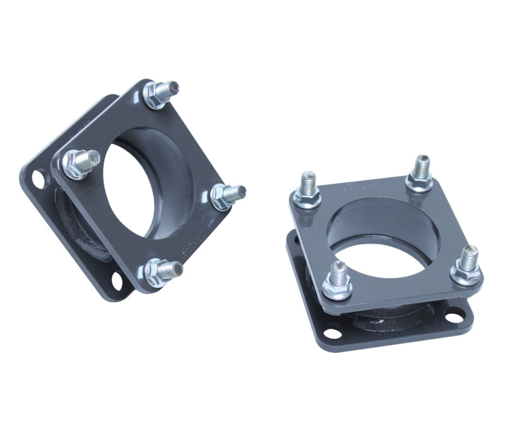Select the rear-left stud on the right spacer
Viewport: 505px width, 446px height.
pyautogui.click(x=309, y=189)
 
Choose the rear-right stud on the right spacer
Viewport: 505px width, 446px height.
pyautogui.click(x=419, y=171)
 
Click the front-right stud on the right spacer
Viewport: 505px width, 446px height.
pyautogui.click(x=467, y=264)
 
